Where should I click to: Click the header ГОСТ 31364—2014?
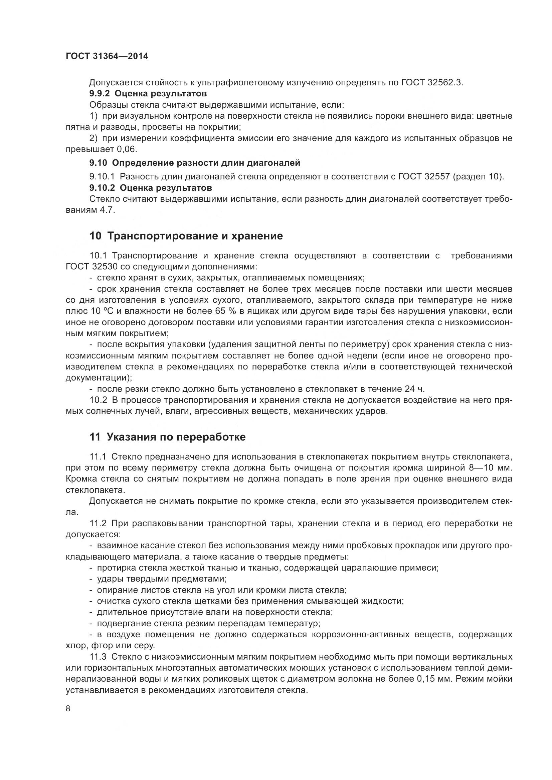point(107,56)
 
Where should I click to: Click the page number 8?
point(68,709)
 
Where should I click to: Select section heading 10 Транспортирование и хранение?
point(186,236)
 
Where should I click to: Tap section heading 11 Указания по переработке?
point(167,437)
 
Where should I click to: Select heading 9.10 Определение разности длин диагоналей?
point(195,163)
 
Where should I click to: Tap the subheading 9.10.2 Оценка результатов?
point(150,188)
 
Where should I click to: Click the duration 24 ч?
point(415,389)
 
